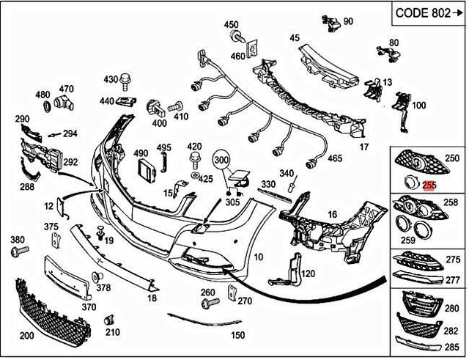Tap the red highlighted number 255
click(x=429, y=186)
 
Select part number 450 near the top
click(x=232, y=25)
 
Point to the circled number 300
click(x=222, y=158)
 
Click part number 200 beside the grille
click(x=27, y=335)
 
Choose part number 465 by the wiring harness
click(x=334, y=158)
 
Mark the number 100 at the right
click(x=418, y=106)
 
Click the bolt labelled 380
click(x=20, y=250)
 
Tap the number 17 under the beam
click(x=363, y=147)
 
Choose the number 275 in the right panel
click(x=455, y=260)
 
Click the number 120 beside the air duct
click(x=308, y=273)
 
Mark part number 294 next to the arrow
click(x=70, y=133)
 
